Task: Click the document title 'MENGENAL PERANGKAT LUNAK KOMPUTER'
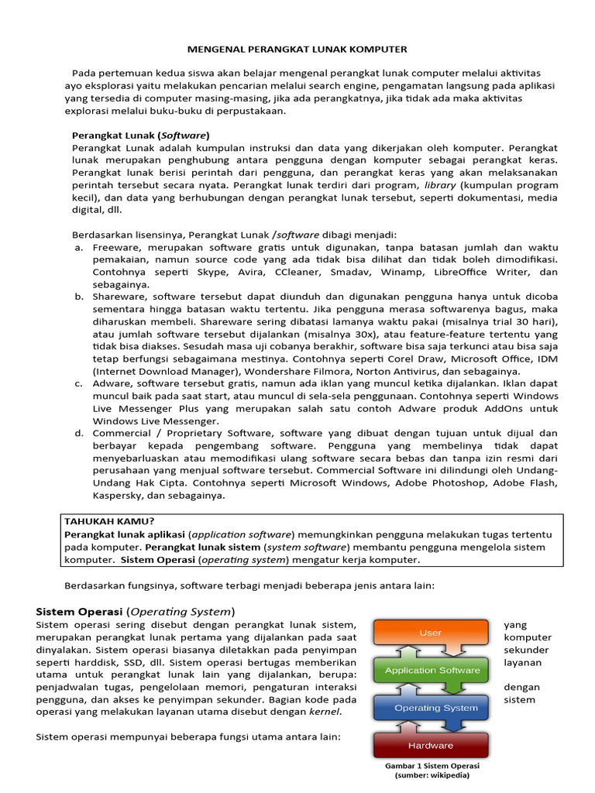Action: pos(297,49)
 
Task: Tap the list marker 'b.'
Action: pos(79,297)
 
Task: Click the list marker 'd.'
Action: pos(79,433)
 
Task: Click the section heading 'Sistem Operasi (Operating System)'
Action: pos(136,610)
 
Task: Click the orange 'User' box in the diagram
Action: pos(431,633)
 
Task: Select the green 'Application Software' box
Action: pos(431,670)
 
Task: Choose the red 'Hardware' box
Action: pos(431,745)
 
